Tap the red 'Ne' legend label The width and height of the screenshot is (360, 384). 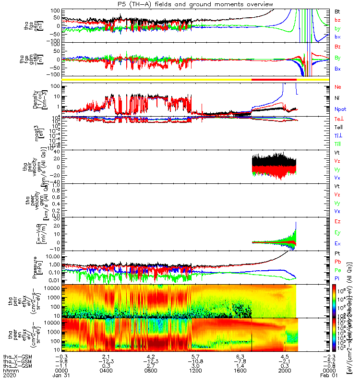click(x=337, y=87)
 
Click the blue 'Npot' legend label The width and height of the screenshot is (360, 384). click(x=340, y=109)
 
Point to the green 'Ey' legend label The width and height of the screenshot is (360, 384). click(x=337, y=232)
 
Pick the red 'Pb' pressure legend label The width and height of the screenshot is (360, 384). click(x=337, y=262)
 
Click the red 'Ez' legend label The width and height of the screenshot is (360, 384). click(x=337, y=221)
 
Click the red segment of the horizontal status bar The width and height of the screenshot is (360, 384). click(x=274, y=79)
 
